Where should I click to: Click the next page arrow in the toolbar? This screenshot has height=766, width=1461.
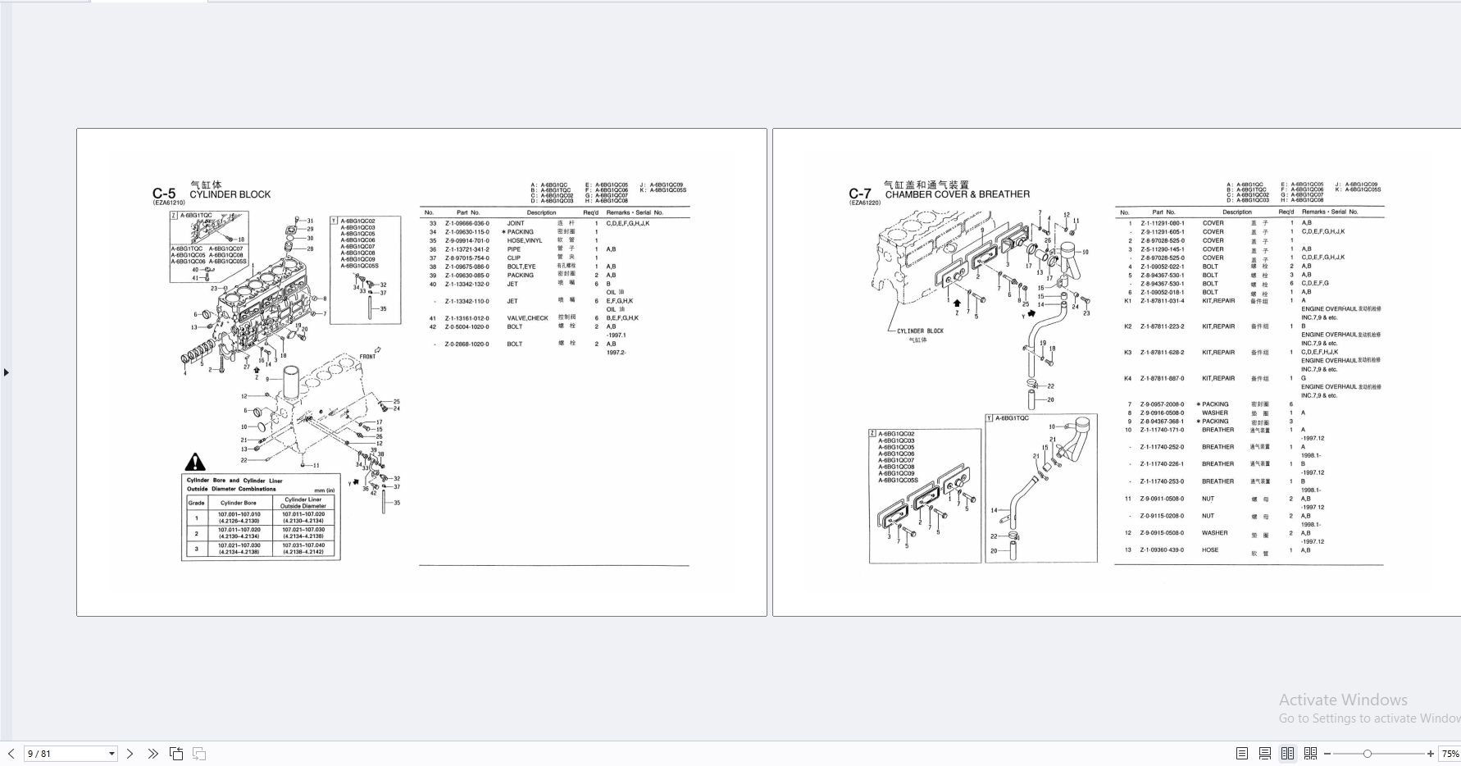[130, 754]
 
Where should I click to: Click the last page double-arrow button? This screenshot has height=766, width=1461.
[152, 754]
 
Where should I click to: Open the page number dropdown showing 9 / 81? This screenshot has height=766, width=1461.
[112, 754]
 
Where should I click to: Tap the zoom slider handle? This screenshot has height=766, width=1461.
[1367, 754]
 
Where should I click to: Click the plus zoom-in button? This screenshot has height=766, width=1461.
[1431, 754]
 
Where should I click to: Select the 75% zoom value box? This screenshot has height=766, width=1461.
[1450, 754]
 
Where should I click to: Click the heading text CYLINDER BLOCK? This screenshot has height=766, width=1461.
[230, 195]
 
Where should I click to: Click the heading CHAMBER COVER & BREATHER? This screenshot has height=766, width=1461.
[957, 195]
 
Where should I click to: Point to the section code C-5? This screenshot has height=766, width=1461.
[164, 194]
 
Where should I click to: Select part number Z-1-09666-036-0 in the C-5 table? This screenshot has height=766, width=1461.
[467, 223]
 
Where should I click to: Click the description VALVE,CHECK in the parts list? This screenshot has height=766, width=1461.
[527, 318]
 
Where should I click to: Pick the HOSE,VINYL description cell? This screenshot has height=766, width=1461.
[525, 240]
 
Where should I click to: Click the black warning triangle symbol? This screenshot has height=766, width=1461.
[195, 462]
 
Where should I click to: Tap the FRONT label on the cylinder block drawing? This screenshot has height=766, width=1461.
[367, 357]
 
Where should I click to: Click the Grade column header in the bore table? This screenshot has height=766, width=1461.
[196, 503]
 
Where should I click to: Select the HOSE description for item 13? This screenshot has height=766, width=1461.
[1210, 550]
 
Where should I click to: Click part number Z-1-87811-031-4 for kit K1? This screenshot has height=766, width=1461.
[1162, 301]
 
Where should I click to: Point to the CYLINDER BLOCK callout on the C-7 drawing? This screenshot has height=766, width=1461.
[920, 331]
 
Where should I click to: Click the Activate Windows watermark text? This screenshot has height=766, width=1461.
[1343, 700]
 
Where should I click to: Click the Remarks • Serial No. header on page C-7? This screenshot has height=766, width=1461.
[1330, 212]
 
